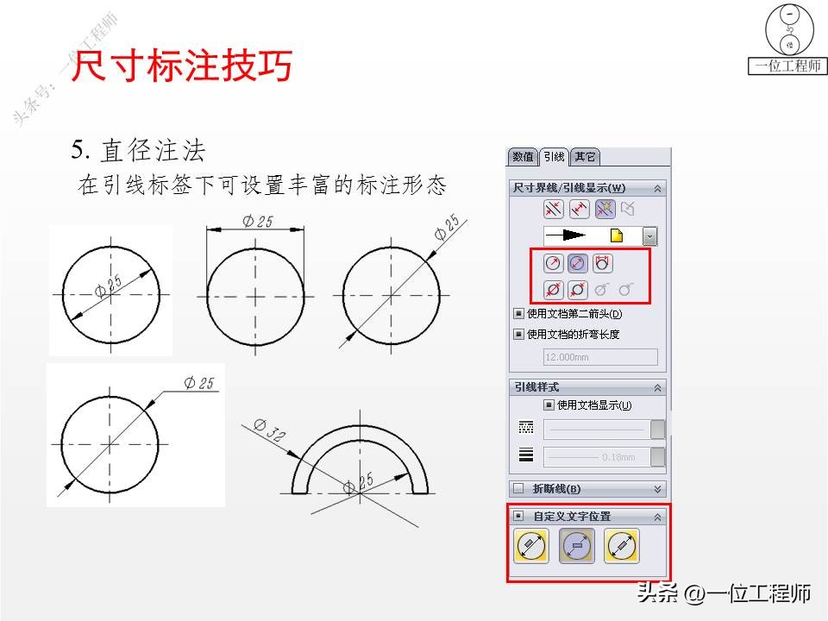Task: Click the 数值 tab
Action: (523, 157)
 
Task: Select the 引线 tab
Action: (553, 157)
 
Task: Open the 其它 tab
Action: (585, 157)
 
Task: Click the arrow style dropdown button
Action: (649, 235)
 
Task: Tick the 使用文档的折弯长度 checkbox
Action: (518, 335)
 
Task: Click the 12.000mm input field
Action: (599, 357)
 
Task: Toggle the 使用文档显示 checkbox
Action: (549, 405)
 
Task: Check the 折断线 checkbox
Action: (518, 489)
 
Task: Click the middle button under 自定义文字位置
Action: (577, 546)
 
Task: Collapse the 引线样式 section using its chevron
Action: (658, 387)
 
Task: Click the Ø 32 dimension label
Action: (270, 430)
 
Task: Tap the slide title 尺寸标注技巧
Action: (180, 66)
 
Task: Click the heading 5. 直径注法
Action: (139, 152)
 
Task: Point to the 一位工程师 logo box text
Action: (787, 66)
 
